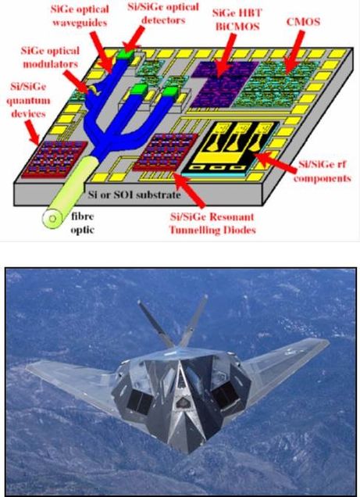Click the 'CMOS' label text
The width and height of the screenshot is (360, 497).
click(303, 22)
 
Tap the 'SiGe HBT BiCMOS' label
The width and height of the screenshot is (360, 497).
click(237, 20)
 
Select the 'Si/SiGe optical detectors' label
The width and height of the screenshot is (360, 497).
click(163, 13)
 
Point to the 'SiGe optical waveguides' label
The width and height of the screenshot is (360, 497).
click(80, 16)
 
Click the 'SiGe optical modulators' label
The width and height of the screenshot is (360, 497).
click(50, 57)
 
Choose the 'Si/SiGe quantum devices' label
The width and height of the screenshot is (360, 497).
click(28, 100)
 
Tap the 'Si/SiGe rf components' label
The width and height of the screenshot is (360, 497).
click(322, 171)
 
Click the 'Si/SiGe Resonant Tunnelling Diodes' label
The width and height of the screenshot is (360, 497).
click(212, 223)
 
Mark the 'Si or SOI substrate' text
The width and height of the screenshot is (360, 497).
click(134, 195)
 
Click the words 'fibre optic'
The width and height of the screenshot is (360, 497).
click(82, 223)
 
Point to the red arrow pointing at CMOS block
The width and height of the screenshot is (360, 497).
click(293, 52)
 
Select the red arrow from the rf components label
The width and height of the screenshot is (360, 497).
click(275, 162)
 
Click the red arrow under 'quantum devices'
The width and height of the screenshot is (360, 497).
click(32, 133)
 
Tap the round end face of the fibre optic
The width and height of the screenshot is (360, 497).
click(53, 218)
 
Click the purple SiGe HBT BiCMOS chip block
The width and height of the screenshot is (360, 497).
click(224, 84)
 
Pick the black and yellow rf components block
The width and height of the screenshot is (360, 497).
click(230, 148)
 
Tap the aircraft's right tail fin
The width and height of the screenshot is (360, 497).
click(194, 320)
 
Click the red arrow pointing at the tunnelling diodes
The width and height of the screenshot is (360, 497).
click(190, 189)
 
